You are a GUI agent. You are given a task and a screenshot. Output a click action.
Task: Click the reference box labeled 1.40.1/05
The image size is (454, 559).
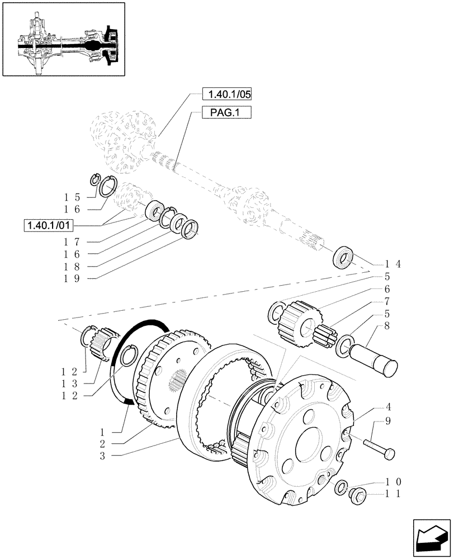(224, 94)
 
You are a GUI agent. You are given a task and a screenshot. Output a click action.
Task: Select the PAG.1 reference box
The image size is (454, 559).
(224, 113)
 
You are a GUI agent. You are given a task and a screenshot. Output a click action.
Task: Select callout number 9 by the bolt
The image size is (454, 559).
(387, 421)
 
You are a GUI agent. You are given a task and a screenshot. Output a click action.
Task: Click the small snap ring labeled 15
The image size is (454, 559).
(95, 179)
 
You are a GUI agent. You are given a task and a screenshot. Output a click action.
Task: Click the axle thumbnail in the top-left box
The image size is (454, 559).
(63, 39)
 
